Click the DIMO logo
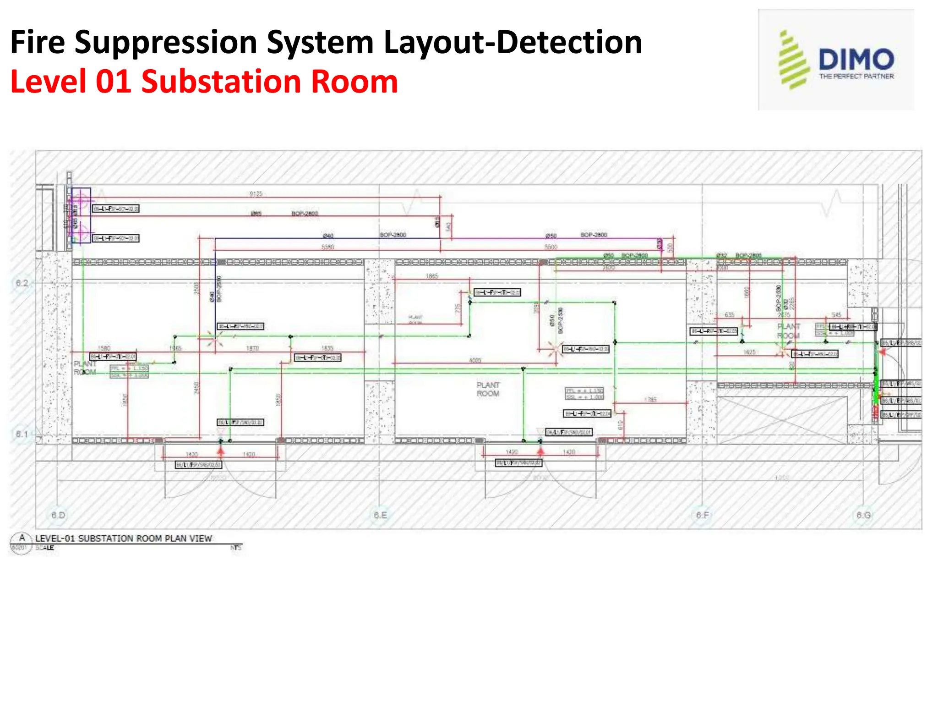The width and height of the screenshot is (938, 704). click(x=836, y=60)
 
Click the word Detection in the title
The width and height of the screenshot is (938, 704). click(x=569, y=42)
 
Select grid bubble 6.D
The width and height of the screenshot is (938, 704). click(x=58, y=515)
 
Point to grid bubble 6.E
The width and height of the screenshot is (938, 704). click(x=380, y=515)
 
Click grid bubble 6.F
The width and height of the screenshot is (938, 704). click(x=702, y=515)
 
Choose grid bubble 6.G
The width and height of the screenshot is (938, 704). click(x=864, y=515)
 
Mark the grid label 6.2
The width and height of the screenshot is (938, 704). click(x=22, y=283)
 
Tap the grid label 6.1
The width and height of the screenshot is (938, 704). click(x=22, y=434)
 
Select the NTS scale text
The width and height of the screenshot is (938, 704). click(x=236, y=548)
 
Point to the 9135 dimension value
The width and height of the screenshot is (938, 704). click(x=256, y=194)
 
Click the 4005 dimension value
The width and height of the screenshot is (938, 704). click(x=475, y=360)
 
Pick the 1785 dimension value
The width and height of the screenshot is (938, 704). click(x=650, y=400)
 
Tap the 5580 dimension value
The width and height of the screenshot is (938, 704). click(x=327, y=247)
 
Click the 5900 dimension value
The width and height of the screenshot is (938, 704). click(x=551, y=247)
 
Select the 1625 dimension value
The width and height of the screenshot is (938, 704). click(x=749, y=352)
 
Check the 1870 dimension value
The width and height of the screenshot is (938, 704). click(x=253, y=348)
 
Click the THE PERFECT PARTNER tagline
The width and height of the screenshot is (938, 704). click(x=856, y=77)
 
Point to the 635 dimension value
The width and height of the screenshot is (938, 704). click(x=730, y=315)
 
